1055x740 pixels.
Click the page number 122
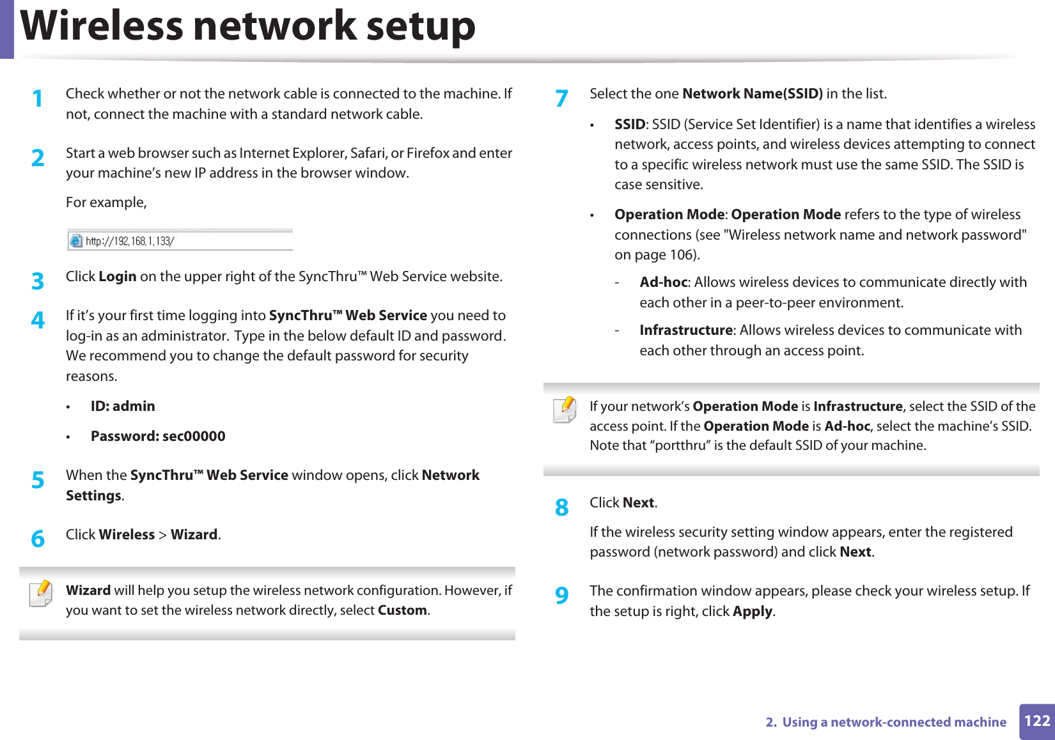[1036, 721]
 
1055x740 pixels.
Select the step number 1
[38, 99]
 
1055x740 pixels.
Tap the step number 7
[561, 99]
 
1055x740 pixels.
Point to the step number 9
[561, 596]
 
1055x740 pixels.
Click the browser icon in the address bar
[76, 241]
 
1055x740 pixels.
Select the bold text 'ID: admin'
[123, 406]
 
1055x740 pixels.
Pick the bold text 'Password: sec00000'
[158, 436]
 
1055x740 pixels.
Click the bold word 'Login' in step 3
[117, 277]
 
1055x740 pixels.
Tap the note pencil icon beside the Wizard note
[41, 594]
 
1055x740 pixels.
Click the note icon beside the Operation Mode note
[565, 410]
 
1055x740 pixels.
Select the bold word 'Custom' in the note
[402, 610]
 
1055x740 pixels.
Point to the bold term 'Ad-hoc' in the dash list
[663, 282]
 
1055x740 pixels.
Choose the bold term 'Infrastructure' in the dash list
[685, 330]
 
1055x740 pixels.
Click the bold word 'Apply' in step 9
[753, 612]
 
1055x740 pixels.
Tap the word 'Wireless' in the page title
[102, 27]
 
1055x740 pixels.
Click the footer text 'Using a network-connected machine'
[894, 722]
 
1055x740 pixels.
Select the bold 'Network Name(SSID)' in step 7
[752, 94]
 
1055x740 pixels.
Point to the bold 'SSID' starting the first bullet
[629, 125]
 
